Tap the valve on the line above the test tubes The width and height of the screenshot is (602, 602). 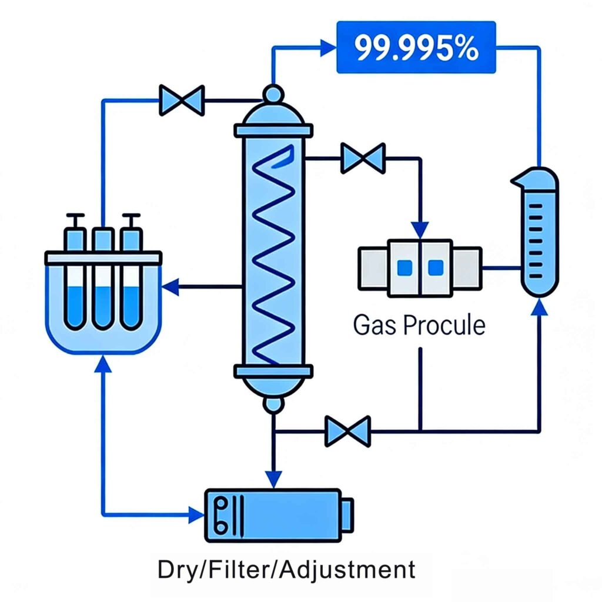click(182, 100)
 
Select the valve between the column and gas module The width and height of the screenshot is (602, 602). click(363, 158)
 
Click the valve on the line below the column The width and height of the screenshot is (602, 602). click(348, 431)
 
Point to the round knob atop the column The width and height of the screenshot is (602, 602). click(273, 93)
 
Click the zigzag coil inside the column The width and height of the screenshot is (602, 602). click(273, 253)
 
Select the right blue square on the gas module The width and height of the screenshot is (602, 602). click(435, 267)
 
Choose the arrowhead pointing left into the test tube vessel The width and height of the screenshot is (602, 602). click(170, 287)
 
